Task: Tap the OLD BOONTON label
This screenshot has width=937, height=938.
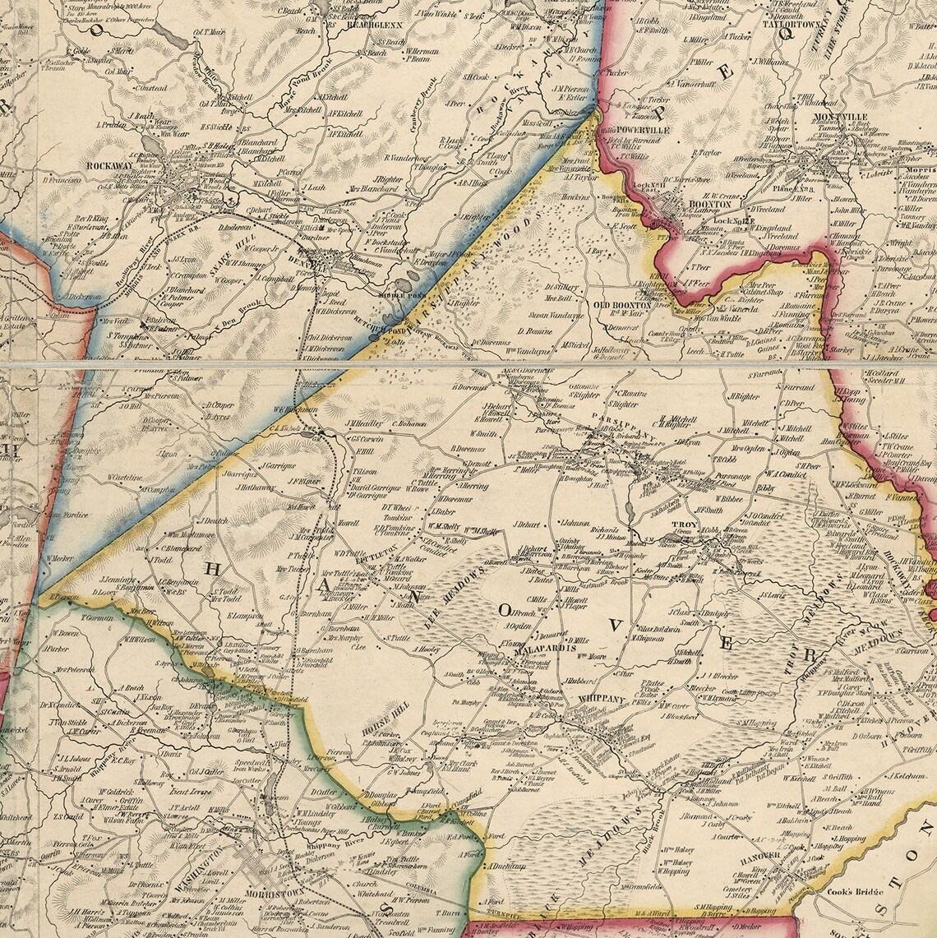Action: coord(623,304)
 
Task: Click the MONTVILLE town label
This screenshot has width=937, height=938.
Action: coord(841,118)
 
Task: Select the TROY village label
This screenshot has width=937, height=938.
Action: coord(684,524)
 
